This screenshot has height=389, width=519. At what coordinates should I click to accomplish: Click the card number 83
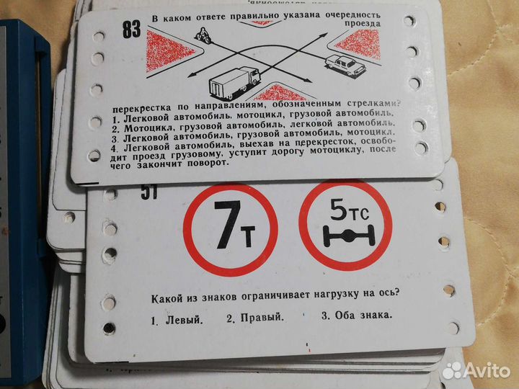coord(132,31)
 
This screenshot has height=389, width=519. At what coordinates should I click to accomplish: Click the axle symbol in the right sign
coord(345,235)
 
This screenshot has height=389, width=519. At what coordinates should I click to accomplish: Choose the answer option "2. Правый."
coord(254,316)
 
